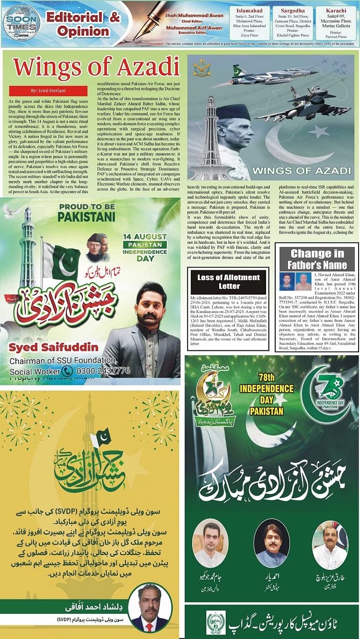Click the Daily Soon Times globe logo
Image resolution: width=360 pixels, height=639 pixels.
21,23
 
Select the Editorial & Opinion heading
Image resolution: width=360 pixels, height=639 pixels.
83,24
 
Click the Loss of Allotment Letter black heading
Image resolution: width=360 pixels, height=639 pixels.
229,282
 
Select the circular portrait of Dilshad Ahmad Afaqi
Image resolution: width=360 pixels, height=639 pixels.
150,607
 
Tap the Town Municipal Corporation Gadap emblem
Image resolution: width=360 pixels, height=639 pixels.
216,622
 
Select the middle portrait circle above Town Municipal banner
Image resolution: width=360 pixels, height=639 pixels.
271,543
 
